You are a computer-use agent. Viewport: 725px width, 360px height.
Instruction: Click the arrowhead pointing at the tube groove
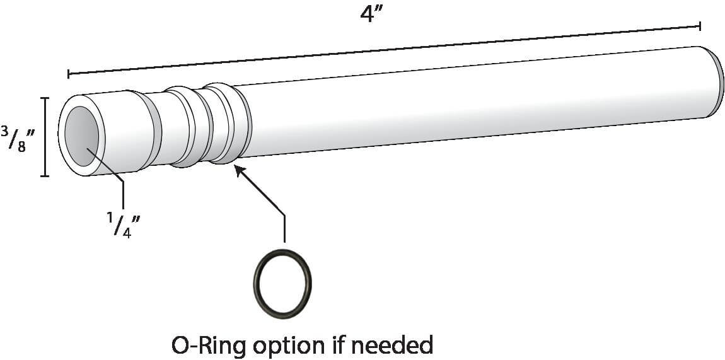coord(239,170)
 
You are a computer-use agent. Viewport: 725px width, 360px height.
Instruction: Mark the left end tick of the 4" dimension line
coord(68,74)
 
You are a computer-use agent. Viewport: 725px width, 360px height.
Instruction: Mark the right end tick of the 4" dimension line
coord(700,26)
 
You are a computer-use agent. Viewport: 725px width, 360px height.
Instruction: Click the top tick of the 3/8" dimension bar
coord(45,98)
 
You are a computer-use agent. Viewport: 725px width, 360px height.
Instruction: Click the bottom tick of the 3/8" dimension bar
coord(45,175)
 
